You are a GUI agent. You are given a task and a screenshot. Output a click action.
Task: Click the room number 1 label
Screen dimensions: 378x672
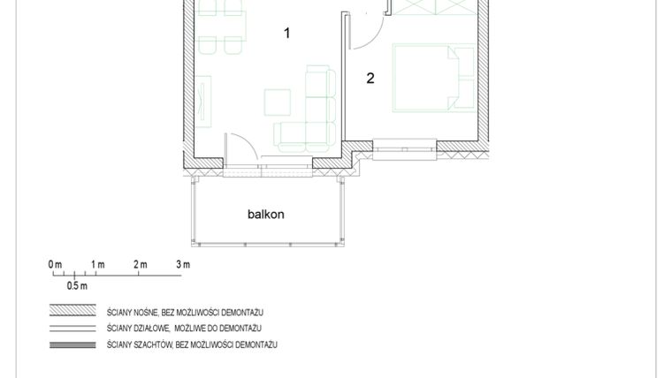click(x=286, y=34)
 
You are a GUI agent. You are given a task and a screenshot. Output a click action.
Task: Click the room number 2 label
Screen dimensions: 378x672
click(x=370, y=79)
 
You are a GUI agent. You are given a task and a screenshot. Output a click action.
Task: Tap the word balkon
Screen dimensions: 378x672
click(x=265, y=214)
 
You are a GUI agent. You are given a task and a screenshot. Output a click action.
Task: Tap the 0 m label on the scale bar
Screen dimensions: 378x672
click(x=56, y=264)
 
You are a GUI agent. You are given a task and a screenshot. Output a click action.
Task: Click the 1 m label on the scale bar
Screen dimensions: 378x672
click(x=97, y=264)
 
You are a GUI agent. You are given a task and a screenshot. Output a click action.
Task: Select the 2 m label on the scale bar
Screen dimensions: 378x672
click(x=140, y=264)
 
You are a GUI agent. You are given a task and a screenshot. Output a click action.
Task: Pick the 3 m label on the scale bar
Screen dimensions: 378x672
click(x=182, y=264)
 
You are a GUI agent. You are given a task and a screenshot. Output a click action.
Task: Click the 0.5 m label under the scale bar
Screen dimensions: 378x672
click(x=77, y=286)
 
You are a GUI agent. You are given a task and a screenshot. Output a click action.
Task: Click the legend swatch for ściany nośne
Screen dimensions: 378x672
click(x=73, y=312)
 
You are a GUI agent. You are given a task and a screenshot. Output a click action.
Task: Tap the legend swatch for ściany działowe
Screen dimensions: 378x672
click(x=73, y=328)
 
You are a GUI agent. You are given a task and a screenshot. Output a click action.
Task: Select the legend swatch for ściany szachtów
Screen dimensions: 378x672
click(x=73, y=344)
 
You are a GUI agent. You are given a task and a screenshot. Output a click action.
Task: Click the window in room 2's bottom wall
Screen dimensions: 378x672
click(x=404, y=150)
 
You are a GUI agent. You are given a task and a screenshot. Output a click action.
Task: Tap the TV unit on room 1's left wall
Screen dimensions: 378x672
click(x=205, y=102)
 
